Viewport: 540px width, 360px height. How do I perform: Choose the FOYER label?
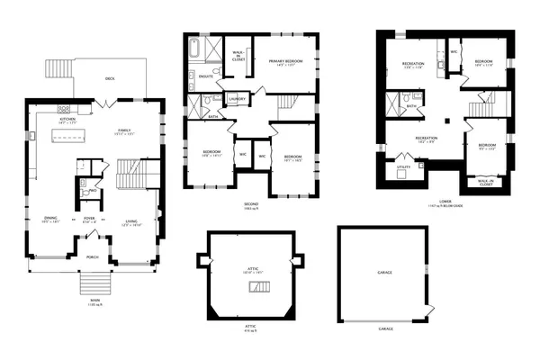pyautogui.click(x=90, y=217)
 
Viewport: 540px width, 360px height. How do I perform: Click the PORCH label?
pyautogui.click(x=93, y=256)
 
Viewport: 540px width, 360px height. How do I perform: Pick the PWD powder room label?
pyautogui.click(x=94, y=191)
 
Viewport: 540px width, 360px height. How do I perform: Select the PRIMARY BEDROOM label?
pyautogui.click(x=284, y=61)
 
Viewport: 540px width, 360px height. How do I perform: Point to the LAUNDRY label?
pyautogui.click(x=238, y=98)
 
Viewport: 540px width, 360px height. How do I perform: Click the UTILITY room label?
pyautogui.click(x=404, y=166)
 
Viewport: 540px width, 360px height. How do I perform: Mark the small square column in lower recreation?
pyautogui.click(x=446, y=118)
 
